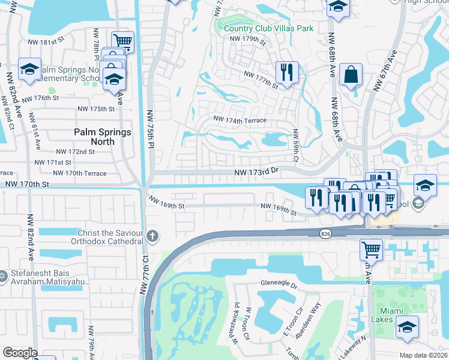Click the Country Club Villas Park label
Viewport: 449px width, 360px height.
tap(268, 28)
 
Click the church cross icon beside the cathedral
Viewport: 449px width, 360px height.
tap(152, 236)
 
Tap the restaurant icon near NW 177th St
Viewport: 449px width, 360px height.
tap(287, 73)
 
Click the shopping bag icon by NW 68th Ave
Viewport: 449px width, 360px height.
tap(351, 76)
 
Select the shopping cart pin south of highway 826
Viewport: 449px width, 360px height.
tap(371, 249)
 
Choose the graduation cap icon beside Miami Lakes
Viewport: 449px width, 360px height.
tap(407, 327)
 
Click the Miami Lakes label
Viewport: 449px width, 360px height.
tap(395, 316)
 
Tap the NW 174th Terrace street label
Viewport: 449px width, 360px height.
tap(238, 121)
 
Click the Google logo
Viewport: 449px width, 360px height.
tap(19, 353)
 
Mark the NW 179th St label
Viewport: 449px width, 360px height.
tap(248, 41)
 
